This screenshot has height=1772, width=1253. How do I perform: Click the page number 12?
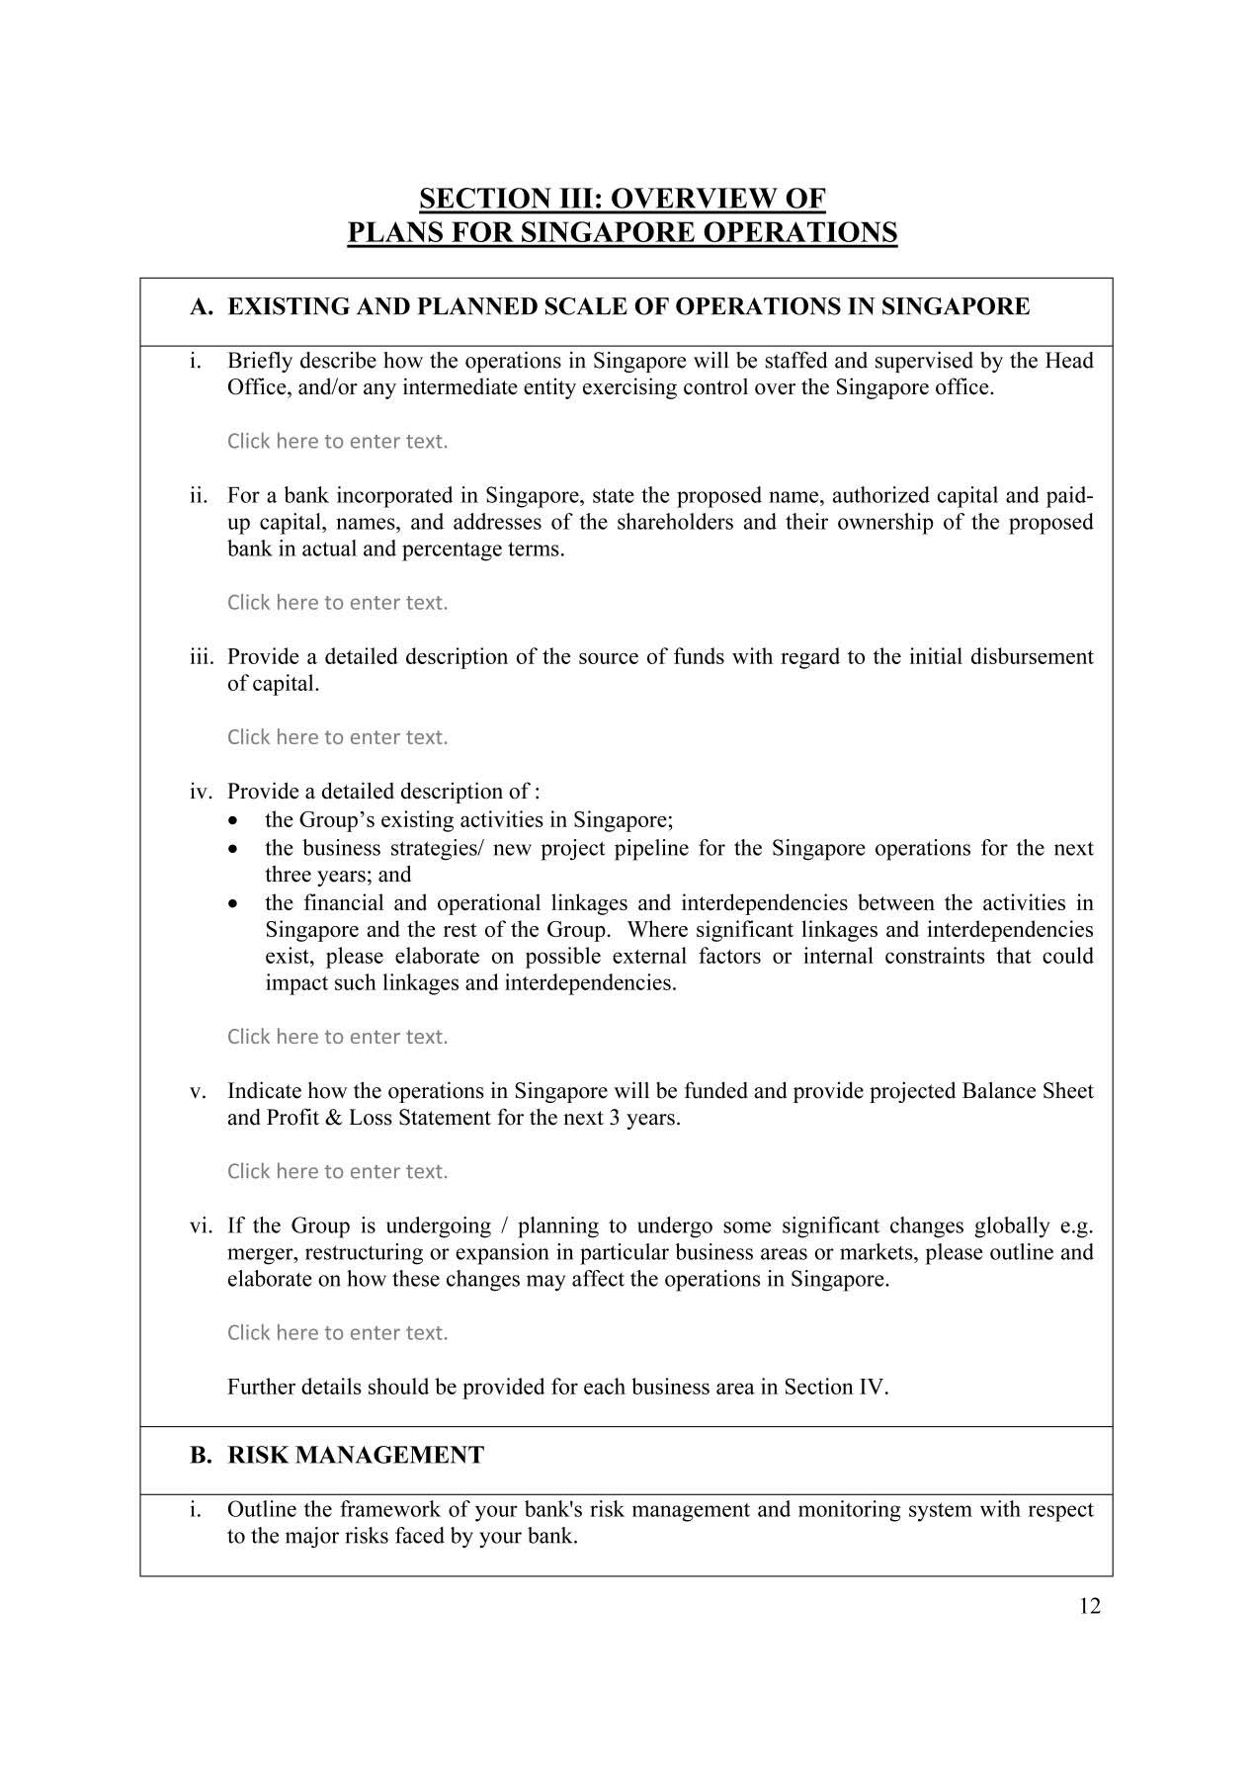click(1089, 1606)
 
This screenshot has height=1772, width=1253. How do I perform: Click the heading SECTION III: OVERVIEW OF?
click(622, 199)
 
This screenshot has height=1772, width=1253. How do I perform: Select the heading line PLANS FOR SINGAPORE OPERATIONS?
click(622, 233)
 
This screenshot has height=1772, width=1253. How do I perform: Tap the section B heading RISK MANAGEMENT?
click(355, 1455)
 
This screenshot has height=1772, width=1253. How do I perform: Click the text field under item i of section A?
click(337, 442)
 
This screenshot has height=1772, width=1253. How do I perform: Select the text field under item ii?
click(337, 603)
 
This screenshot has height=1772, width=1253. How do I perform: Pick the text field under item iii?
click(337, 737)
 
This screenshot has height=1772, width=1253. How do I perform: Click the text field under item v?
click(337, 1172)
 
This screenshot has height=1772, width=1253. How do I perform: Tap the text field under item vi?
click(337, 1333)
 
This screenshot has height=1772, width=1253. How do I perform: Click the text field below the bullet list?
click(337, 1037)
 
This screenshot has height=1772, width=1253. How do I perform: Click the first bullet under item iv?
click(232, 821)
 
